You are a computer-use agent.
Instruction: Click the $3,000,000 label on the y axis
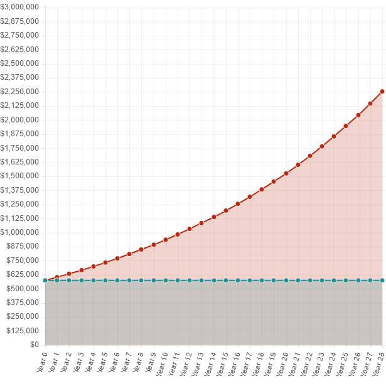[21, 7]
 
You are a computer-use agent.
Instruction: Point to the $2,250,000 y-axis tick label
[21, 92]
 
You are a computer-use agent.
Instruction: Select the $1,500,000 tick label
[21, 176]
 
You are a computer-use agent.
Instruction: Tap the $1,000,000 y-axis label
[21, 232]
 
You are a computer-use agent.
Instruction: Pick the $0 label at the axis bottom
[33, 345]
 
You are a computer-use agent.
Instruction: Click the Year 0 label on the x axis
[42, 362]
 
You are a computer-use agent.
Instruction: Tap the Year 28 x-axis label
[379, 363]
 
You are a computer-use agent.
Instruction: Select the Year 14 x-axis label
[210, 363]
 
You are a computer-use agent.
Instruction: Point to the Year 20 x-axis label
[282, 363]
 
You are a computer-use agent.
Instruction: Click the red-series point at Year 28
[382, 92]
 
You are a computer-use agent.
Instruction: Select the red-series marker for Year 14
[214, 217]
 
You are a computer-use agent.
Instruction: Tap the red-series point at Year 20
[286, 173]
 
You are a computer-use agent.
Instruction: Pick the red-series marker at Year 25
[346, 126]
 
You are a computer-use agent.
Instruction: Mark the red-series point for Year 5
[105, 262]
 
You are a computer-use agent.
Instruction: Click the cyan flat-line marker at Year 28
[382, 281]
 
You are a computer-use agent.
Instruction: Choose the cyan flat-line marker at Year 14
[214, 281]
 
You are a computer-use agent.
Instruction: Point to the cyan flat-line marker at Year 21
[298, 281]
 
